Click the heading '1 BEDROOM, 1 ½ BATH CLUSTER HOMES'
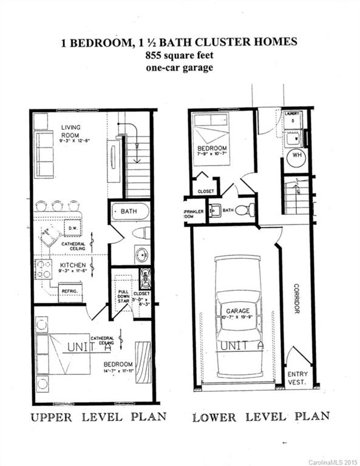click(180, 42)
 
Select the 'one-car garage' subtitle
click(180, 67)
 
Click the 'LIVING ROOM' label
click(70, 130)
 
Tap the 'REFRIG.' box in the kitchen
click(70, 292)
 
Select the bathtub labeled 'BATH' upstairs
click(130, 212)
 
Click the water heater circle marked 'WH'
click(297, 155)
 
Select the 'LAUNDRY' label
click(292, 113)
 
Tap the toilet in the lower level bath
click(243, 211)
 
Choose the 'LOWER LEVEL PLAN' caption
click(261, 417)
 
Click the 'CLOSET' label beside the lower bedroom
click(206, 191)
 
